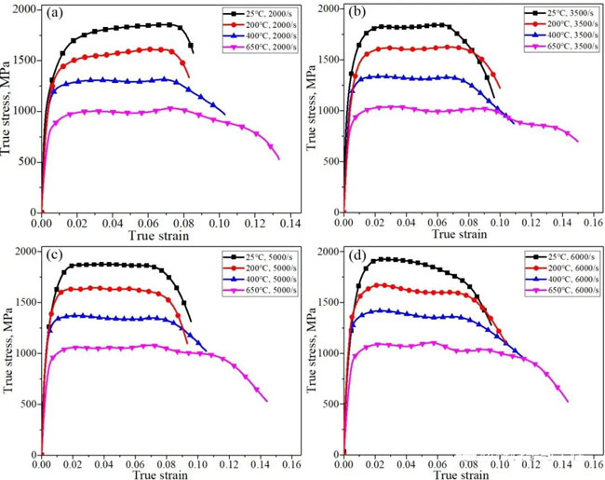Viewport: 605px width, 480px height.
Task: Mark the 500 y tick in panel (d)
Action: (329, 406)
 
